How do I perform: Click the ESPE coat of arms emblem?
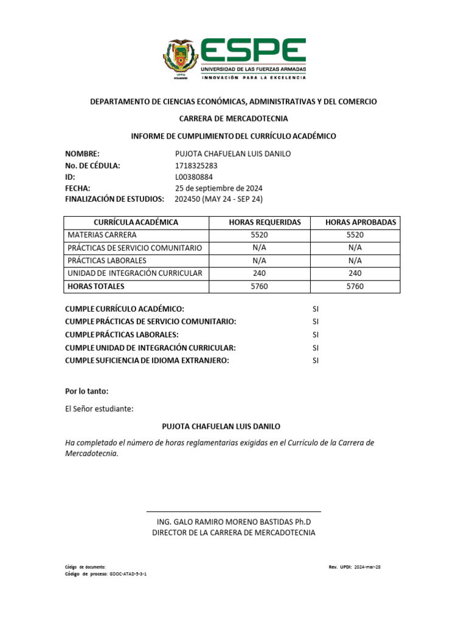[x=181, y=60]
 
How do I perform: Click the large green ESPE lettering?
[x=253, y=52]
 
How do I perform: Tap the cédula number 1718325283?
[x=196, y=165]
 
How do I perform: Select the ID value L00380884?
[x=193, y=177]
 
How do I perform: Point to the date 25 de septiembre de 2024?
[x=218, y=188]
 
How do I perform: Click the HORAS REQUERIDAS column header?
[x=265, y=222]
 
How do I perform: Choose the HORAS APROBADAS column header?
[x=361, y=222]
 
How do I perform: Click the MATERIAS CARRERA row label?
[x=102, y=235]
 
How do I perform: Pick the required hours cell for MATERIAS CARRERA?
[x=259, y=235]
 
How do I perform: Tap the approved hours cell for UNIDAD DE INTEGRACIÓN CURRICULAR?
[x=355, y=273]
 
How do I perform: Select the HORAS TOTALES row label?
[x=96, y=286]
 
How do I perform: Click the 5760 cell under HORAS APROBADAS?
[x=355, y=286]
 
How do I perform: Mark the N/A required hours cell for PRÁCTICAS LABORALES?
[x=259, y=261]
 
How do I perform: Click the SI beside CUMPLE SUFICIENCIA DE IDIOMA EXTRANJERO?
[x=316, y=360]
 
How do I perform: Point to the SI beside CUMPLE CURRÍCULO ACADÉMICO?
[x=316, y=309]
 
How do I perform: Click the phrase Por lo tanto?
[x=87, y=391]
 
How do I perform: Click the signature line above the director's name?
[x=233, y=511]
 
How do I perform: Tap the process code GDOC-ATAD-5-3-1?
[x=128, y=573]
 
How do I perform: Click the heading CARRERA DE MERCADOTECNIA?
[x=233, y=118]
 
